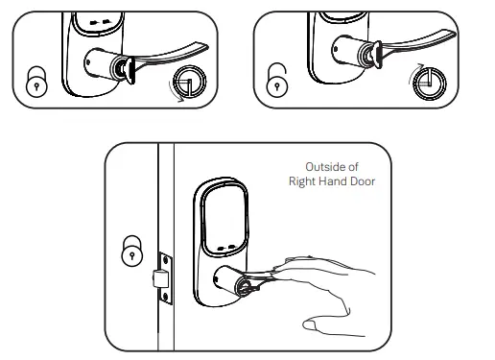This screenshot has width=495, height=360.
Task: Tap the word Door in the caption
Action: pos(365,180)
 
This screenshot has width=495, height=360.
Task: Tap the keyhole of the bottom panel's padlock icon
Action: pos(131,255)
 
